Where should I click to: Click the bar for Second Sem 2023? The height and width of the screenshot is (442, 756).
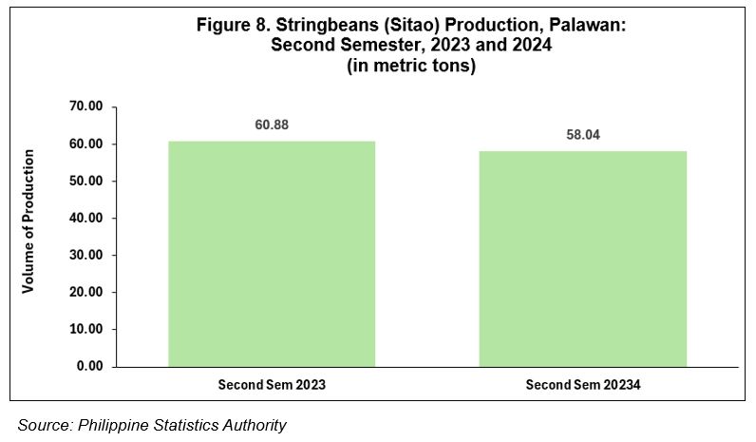[272, 254]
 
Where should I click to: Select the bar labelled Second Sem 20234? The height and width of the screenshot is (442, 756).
[582, 259]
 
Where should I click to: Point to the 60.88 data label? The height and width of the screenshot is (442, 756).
[272, 125]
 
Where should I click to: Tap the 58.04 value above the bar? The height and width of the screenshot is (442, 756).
[583, 135]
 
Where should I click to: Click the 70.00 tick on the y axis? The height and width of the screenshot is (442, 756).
[86, 106]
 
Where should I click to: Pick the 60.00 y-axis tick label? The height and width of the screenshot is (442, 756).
[86, 144]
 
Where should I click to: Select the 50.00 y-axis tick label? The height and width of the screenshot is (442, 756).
[86, 181]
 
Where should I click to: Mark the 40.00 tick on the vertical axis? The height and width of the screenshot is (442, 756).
[86, 218]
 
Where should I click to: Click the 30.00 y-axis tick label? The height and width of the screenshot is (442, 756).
[86, 255]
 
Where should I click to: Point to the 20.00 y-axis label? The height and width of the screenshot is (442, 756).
[86, 292]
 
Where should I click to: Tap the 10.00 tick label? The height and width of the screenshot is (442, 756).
[86, 329]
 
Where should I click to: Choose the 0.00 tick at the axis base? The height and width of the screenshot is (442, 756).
[89, 366]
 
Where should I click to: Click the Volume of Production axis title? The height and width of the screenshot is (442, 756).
[28, 221]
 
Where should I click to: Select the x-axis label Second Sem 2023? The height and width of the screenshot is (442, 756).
[272, 385]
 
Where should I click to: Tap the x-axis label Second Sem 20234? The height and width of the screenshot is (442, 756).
[583, 385]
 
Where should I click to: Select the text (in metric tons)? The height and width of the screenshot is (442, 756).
[411, 66]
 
